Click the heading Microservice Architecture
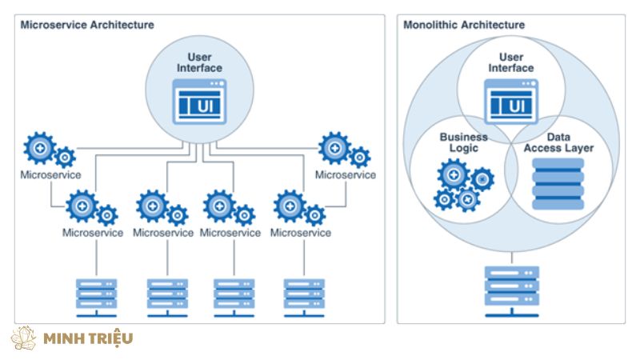pos(86,25)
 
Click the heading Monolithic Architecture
pos(464,25)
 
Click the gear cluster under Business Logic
pos(464,184)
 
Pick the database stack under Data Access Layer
pos(558,183)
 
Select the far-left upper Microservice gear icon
pos(49,150)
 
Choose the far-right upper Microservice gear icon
pos(343,150)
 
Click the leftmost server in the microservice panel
pos(96,294)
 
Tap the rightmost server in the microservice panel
pos(305,294)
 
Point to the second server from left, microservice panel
pos(167,294)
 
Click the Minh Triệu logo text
pos(88,338)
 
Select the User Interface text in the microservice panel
pos(199,62)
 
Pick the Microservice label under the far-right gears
pos(345,174)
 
